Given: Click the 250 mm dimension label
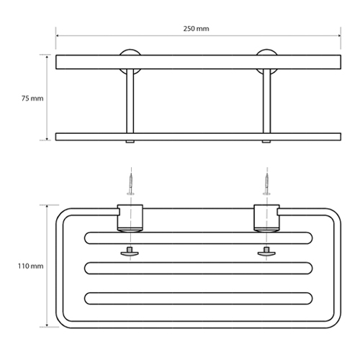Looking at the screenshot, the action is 196,29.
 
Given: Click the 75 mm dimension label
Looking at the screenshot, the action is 32,99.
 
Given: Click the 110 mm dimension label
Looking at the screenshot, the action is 31,266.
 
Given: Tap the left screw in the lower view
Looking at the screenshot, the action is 131,184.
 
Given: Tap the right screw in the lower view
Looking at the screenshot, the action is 266,184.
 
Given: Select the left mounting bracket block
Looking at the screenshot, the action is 130,218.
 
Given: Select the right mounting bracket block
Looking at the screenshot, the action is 266,218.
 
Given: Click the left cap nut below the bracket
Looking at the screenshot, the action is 130,252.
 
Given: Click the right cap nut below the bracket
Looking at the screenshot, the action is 266,252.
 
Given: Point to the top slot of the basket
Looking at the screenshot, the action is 199,238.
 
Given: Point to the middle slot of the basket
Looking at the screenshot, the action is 199,268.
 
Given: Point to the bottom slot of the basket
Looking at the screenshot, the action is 199,298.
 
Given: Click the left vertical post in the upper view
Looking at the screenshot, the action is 130,101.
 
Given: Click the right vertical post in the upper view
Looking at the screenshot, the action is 266,101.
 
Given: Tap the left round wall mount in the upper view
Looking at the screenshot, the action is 130,53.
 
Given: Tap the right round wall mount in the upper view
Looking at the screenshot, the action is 266,53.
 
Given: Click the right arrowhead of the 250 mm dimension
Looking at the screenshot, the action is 339,36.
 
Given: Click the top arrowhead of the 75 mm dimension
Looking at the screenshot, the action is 47,57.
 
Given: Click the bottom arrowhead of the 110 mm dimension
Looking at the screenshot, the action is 47,325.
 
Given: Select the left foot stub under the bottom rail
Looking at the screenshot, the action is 130,142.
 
